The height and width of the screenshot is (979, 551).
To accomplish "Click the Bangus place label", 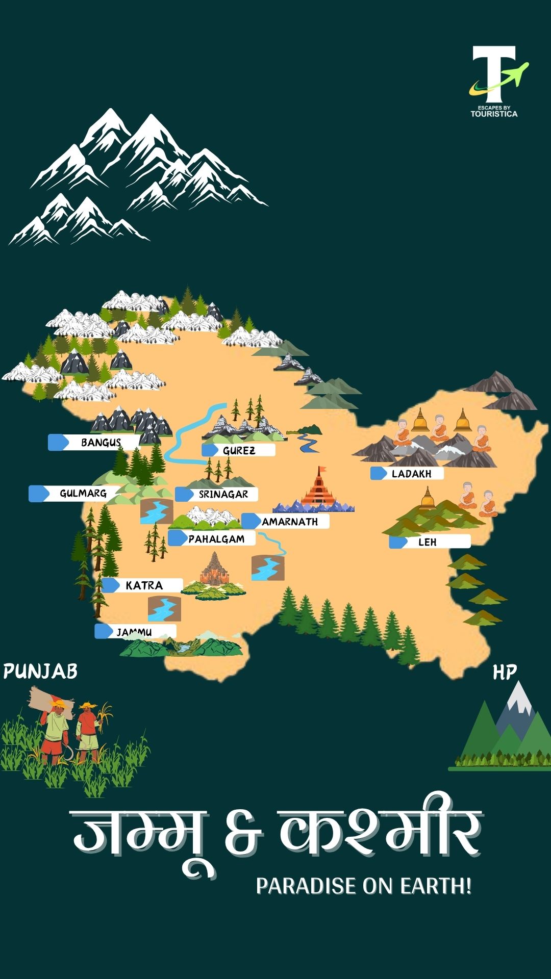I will pyautogui.click(x=101, y=443).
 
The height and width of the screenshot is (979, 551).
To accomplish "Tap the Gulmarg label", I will pyautogui.click(x=83, y=494).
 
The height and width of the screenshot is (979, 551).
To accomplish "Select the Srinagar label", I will pyautogui.click(x=223, y=494).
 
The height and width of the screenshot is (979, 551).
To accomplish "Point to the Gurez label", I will pyautogui.click(x=239, y=450).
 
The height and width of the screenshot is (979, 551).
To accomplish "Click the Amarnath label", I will pyautogui.click(x=289, y=522).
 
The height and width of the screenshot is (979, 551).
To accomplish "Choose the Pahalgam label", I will pyautogui.click(x=216, y=539).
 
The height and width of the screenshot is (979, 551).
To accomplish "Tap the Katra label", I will pyautogui.click(x=144, y=585).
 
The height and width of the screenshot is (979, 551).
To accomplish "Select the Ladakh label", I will pyautogui.click(x=411, y=474).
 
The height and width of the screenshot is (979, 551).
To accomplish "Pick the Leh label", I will pyautogui.click(x=428, y=542).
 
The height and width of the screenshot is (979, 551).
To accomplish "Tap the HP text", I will pyautogui.click(x=504, y=673).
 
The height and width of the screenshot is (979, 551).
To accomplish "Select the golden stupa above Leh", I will pyautogui.click(x=428, y=499).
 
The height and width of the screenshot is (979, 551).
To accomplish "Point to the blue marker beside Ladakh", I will pyautogui.click(x=379, y=473).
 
